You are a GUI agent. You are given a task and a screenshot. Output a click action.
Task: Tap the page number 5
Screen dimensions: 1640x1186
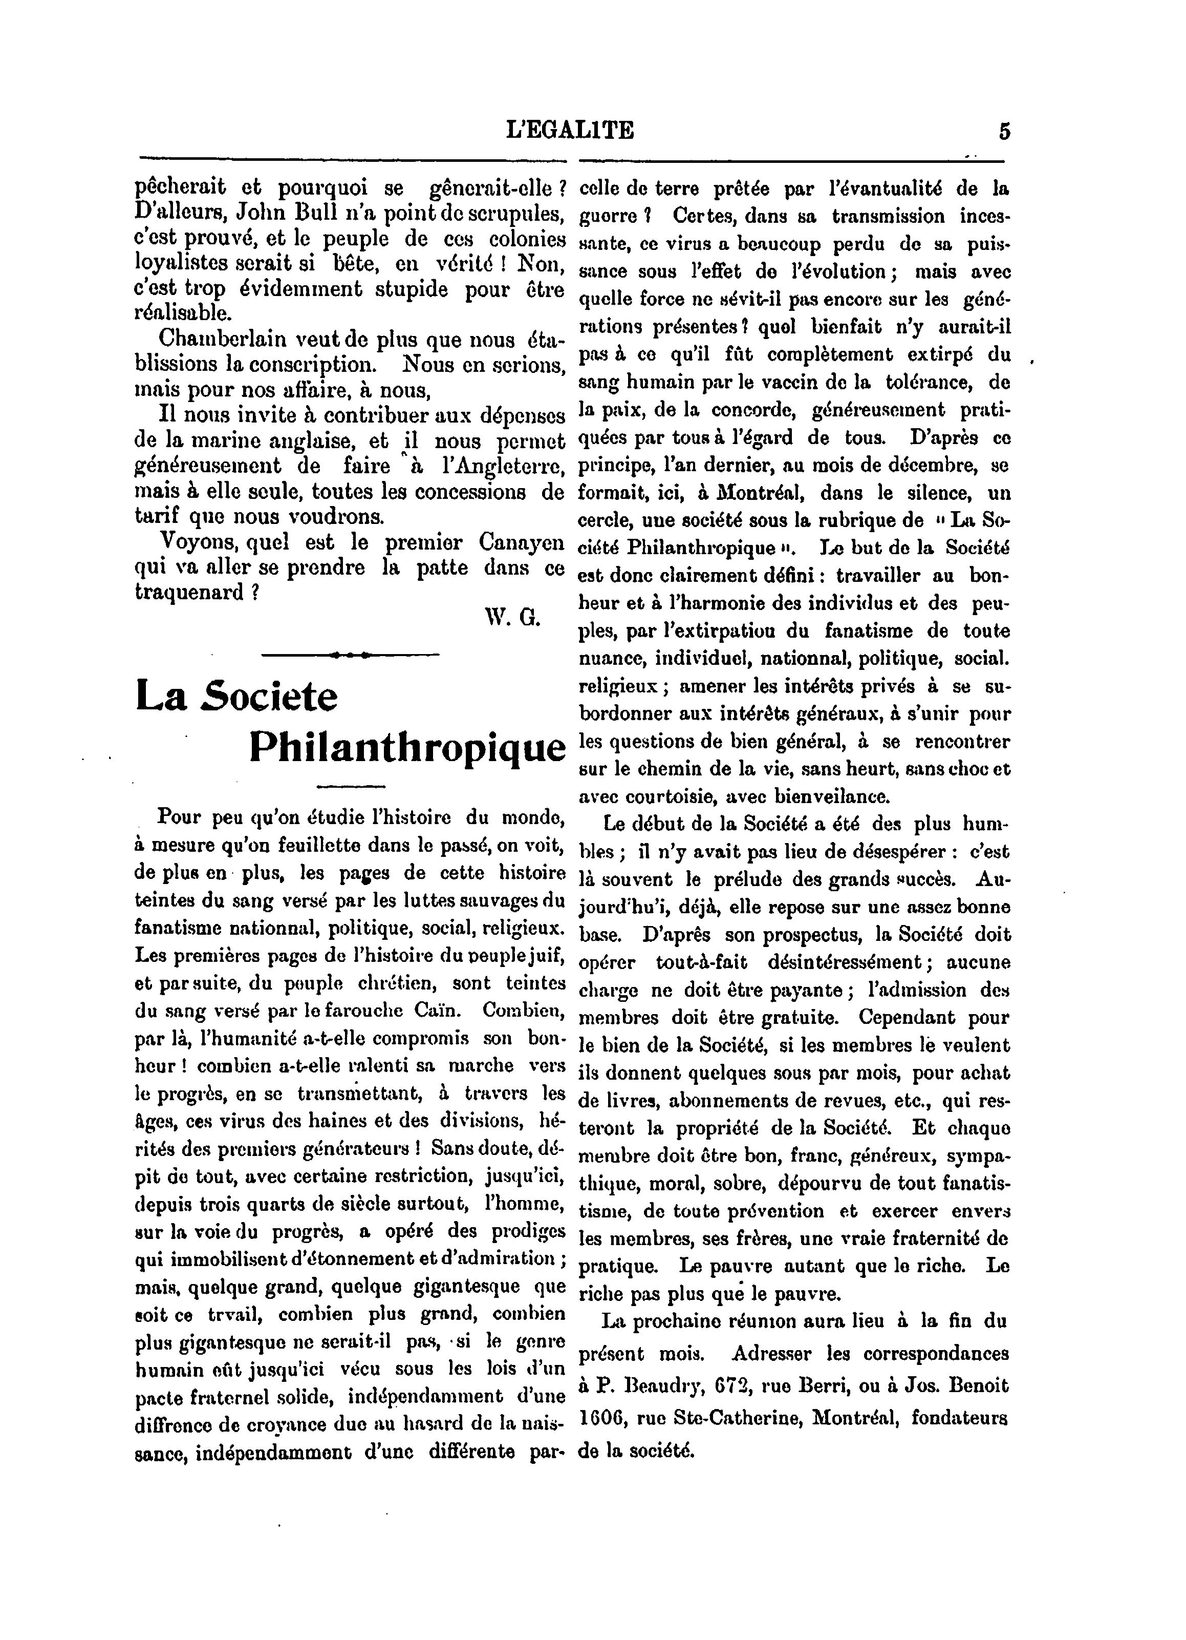[1004, 132]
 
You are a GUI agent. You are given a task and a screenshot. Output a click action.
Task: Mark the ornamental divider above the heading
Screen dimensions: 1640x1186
[351, 655]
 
